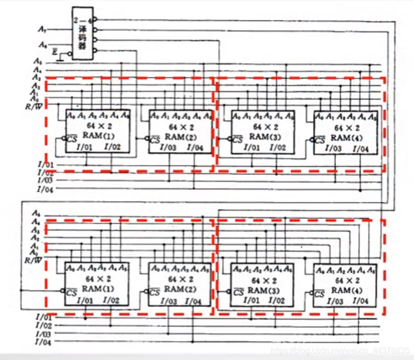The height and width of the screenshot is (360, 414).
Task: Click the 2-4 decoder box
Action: tap(83, 34)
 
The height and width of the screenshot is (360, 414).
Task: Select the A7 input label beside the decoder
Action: tap(42, 29)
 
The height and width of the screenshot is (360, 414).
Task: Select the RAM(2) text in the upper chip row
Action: tap(178, 136)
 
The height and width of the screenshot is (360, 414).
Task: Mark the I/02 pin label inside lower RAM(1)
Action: tap(112, 300)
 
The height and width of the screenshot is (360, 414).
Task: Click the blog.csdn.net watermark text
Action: tap(340, 351)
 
